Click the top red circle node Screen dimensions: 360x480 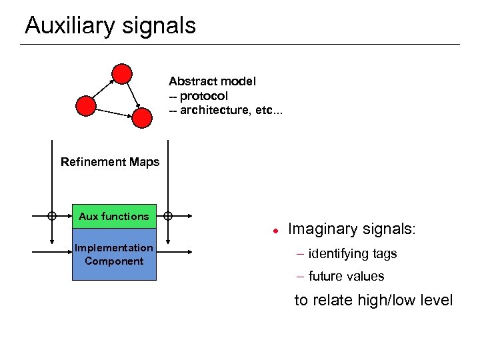pyautogui.click(x=121, y=73)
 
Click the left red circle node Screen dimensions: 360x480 pyautogui.click(x=86, y=105)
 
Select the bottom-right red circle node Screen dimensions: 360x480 pyautogui.click(x=142, y=117)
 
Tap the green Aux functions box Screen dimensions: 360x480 pyautogui.click(x=114, y=216)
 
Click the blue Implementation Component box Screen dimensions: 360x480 pyautogui.click(x=114, y=255)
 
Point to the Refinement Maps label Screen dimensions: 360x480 pyautogui.click(x=110, y=161)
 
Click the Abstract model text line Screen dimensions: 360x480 pyautogui.click(x=212, y=81)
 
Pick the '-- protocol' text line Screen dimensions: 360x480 pyautogui.click(x=198, y=96)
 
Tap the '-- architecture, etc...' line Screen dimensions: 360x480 pyautogui.click(x=225, y=110)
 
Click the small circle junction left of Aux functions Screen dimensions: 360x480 pyautogui.click(x=51, y=215)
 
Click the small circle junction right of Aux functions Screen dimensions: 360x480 pyautogui.click(x=168, y=215)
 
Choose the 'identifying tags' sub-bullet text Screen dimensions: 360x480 pyautogui.click(x=353, y=253)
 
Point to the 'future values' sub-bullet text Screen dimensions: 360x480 pyautogui.click(x=346, y=276)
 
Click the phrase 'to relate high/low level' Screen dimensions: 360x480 pyautogui.click(x=373, y=300)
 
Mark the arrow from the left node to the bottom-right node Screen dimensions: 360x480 pyautogui.click(x=113, y=111)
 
